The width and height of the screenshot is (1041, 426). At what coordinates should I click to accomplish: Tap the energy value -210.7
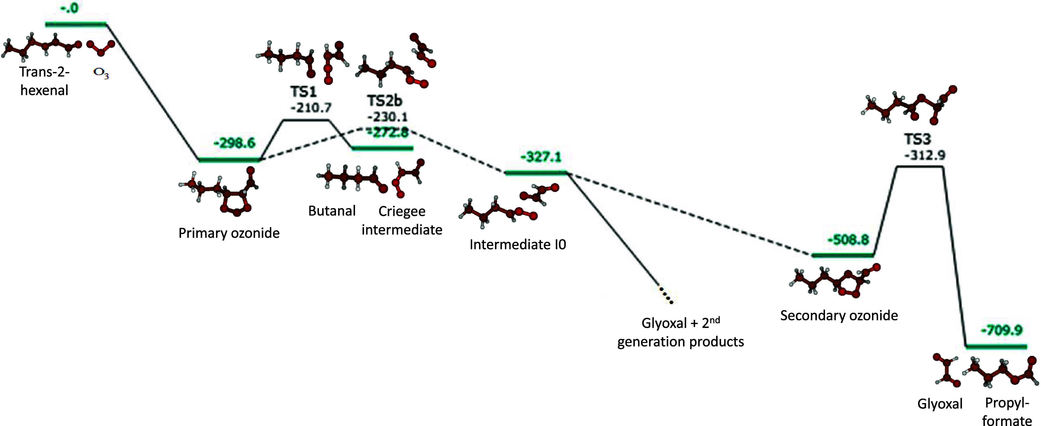click(311, 107)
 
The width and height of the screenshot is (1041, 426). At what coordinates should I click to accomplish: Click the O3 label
click(101, 73)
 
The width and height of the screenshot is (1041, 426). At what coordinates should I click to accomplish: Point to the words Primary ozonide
click(229, 233)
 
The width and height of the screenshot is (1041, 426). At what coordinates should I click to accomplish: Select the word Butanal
click(332, 211)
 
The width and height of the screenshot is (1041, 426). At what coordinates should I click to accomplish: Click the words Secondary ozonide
click(839, 315)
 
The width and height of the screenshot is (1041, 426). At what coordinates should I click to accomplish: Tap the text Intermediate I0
click(518, 245)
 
